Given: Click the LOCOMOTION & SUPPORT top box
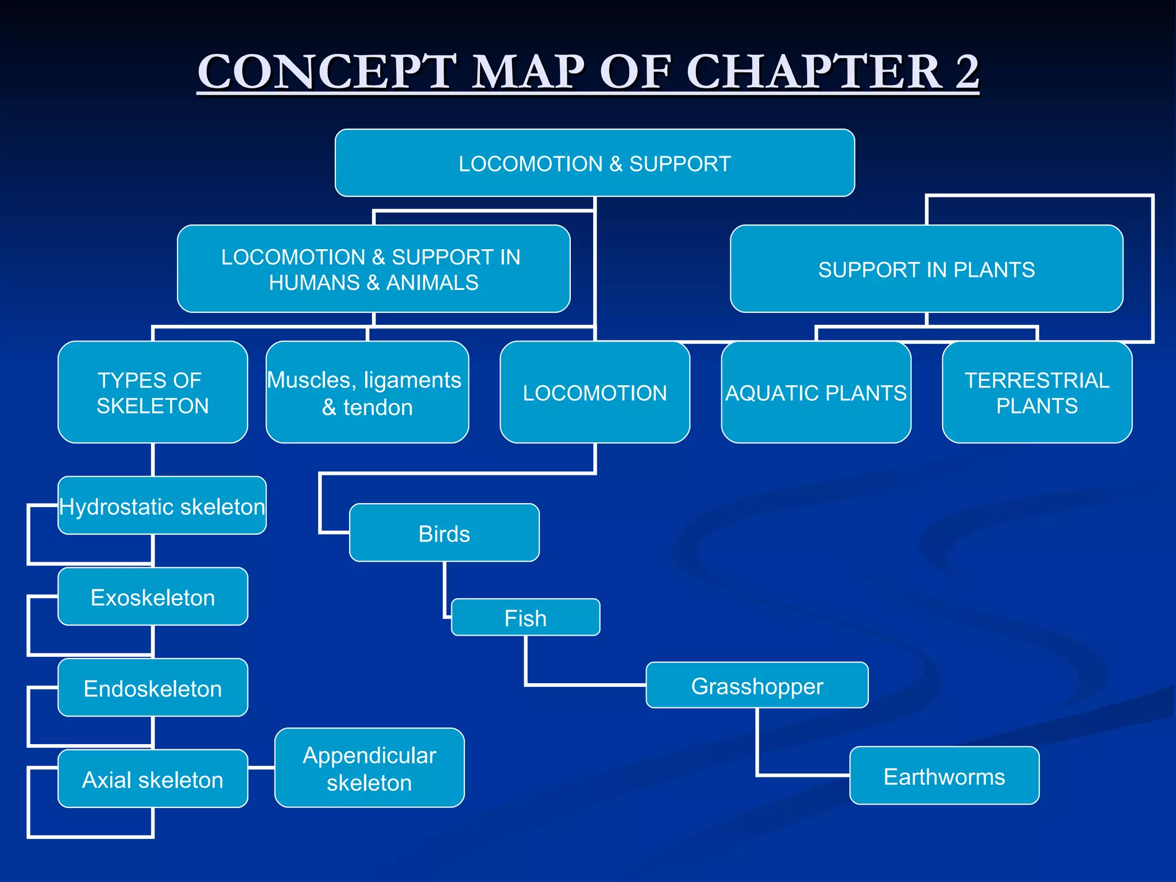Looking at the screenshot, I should click(x=594, y=163).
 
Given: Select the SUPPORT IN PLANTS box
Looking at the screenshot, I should click(x=926, y=269).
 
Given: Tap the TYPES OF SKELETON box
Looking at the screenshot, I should click(x=153, y=392).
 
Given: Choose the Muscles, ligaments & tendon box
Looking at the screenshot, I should click(x=367, y=392).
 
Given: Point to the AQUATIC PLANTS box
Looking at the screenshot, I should click(x=815, y=392).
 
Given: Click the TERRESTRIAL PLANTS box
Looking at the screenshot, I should click(x=1036, y=392).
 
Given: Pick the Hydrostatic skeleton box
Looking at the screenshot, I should click(x=162, y=505).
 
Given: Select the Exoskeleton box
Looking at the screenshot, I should click(x=153, y=597).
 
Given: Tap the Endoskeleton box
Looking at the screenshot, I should click(x=153, y=687).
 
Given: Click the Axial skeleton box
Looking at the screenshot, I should click(x=153, y=779).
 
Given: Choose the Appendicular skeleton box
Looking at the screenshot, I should click(x=369, y=768).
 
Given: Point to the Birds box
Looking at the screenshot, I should click(x=444, y=533).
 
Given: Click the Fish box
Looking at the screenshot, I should click(x=525, y=617).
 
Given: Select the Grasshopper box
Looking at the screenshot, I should click(x=757, y=685).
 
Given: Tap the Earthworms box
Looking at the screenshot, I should click(x=944, y=776).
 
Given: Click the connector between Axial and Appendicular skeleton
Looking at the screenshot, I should click(x=261, y=767).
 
